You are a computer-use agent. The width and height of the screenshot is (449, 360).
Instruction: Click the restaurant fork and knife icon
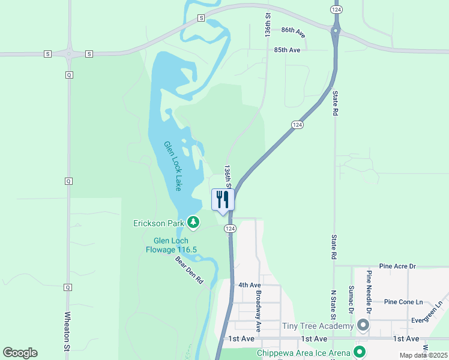pos(223,200)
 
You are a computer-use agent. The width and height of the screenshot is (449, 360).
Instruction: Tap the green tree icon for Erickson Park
pos(193,223)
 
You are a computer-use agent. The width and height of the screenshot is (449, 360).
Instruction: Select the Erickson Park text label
pos(158,224)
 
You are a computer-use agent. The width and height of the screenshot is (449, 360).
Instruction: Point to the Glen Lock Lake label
pos(173,166)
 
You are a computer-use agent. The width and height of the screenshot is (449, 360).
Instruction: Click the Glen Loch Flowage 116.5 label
pos(171,245)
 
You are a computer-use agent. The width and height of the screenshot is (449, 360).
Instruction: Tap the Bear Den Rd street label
pos(189,271)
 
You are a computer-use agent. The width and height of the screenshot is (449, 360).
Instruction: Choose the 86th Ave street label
pos(293,31)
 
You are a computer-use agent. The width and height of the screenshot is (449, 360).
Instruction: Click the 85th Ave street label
pos(287,50)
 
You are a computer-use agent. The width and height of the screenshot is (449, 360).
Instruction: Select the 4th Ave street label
pos(250,285)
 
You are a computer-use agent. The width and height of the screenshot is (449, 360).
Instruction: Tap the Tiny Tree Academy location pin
pos(363,325)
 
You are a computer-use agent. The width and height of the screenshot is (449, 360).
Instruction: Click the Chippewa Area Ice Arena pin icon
pos(360,352)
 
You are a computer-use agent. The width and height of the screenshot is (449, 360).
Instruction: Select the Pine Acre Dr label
pos(397,266)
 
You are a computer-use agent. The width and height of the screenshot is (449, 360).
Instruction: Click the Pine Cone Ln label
pos(403,302)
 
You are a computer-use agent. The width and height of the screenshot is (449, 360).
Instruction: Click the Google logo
pos(20,353)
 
